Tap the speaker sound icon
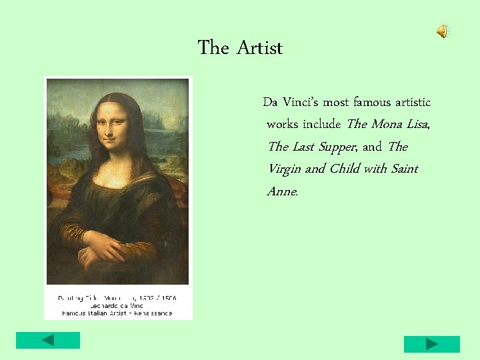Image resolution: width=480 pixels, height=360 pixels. pos(443,31)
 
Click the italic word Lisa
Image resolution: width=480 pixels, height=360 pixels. pos(417,125)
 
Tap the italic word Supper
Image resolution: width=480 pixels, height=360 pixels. pos(337,147)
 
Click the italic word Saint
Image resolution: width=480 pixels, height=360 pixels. pos(404,169)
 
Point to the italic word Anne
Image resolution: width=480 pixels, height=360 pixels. pos(283,191)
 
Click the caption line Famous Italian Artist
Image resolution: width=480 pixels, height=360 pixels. pos(117,312)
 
